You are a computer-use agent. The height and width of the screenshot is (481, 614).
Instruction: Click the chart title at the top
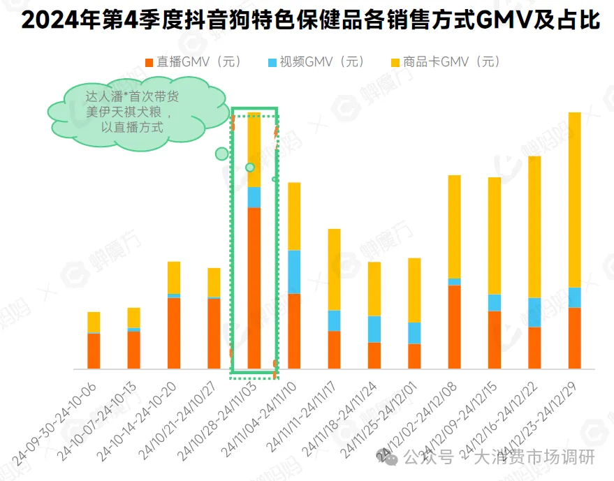point(310,20)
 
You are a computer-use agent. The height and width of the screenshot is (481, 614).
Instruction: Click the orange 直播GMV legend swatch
point(149,63)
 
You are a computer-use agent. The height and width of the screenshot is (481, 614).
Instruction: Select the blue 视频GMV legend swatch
point(272,63)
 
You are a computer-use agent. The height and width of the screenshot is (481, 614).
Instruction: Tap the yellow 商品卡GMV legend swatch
point(395,63)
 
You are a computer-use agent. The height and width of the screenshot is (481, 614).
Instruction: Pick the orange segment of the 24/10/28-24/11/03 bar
point(254,286)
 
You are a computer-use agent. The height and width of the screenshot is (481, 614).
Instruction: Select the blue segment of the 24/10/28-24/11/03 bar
point(254,197)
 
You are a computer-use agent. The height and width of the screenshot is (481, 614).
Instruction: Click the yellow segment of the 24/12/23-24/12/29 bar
point(574,199)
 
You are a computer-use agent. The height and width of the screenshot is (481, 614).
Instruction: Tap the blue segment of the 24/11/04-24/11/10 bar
point(294,272)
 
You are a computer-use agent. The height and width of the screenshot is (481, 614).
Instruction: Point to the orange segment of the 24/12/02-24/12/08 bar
point(454,326)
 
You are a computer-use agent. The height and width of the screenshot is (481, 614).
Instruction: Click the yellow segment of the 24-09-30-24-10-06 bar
point(94,322)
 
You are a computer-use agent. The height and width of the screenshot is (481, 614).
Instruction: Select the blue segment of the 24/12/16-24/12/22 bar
point(534,312)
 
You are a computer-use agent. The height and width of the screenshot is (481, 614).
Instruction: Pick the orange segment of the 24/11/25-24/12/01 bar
point(414,355)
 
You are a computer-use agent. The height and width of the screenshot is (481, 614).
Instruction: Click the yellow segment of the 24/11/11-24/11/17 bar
point(334,269)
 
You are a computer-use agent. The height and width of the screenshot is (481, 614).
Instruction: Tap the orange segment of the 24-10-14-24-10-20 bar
point(174,332)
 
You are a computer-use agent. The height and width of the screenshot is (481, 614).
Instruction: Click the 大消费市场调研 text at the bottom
point(534,458)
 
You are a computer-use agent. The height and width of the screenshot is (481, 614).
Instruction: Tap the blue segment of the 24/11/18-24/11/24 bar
point(374,329)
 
